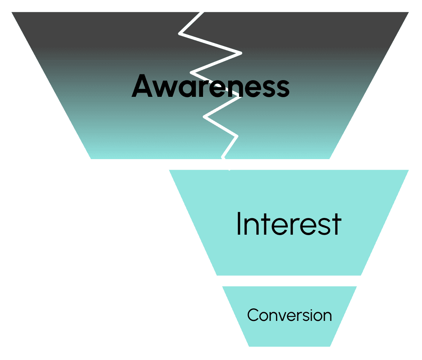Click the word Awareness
(210, 86)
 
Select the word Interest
(289, 224)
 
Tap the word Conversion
(289, 315)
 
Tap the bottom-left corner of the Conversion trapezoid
(249, 346)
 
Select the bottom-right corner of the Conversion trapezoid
(329, 346)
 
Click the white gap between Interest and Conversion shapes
(289, 281)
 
